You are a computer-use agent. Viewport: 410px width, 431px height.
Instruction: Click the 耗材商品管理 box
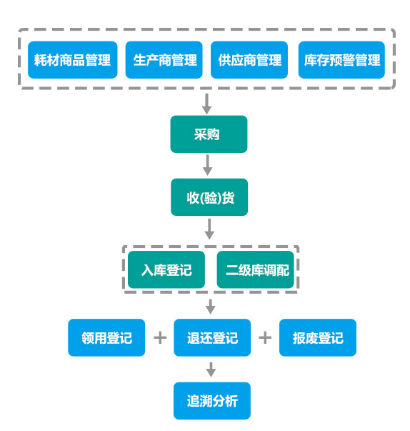point(72,60)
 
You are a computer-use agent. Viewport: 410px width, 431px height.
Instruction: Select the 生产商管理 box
point(164,60)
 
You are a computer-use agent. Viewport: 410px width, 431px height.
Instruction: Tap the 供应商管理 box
point(249,60)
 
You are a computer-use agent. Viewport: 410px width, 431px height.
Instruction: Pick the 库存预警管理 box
point(341,60)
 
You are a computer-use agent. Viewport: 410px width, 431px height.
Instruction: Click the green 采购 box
point(209,134)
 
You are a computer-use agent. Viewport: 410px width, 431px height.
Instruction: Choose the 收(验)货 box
point(209,197)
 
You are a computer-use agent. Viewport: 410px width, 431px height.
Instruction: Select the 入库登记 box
point(166,269)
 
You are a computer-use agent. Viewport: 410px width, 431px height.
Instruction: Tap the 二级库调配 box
point(256,269)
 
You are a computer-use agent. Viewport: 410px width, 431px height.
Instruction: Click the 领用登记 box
point(106,337)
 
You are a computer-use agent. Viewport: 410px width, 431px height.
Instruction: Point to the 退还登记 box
point(212,337)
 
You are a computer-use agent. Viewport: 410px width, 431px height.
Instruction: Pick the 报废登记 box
point(318,337)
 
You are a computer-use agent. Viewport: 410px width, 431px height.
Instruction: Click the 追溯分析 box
point(212,401)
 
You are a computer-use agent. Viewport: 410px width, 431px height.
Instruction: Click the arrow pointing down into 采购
point(206,104)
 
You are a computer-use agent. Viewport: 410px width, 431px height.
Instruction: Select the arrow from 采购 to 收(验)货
point(208,165)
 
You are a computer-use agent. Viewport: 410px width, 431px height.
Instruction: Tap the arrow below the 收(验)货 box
point(209,229)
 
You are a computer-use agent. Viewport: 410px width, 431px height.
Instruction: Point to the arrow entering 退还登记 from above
point(211,307)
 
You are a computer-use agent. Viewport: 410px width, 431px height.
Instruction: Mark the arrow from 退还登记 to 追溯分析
point(211,370)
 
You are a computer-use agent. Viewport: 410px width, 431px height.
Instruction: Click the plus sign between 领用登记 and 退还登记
point(160,338)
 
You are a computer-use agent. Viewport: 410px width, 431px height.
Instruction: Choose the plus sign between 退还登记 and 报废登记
point(265,338)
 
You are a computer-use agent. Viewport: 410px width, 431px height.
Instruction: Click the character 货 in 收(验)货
point(228,198)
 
